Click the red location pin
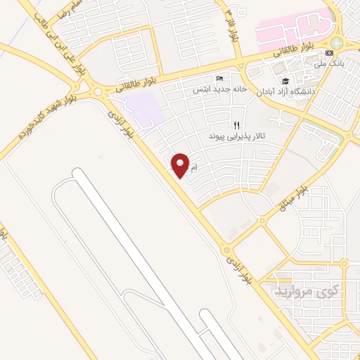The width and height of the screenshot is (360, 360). [x=181, y=165]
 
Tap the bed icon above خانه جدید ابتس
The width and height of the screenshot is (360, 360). [x=220, y=78]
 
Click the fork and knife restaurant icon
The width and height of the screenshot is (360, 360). [x=236, y=124]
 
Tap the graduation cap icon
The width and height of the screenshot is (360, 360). [x=285, y=81]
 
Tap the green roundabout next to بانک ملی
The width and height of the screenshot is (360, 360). [x=337, y=43]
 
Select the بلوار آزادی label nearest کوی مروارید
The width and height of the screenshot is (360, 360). [x=238, y=270]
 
